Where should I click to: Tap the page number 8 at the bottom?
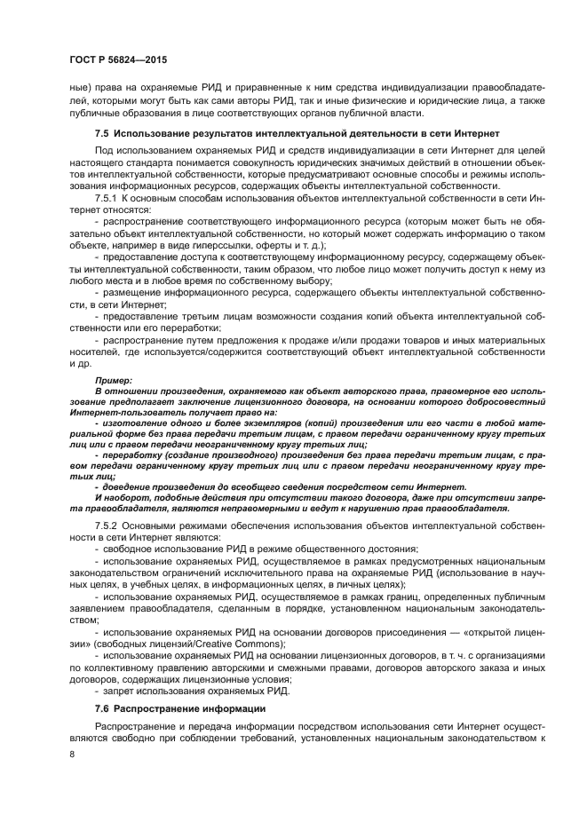pos(74,754)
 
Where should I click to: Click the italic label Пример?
pos(113,379)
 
